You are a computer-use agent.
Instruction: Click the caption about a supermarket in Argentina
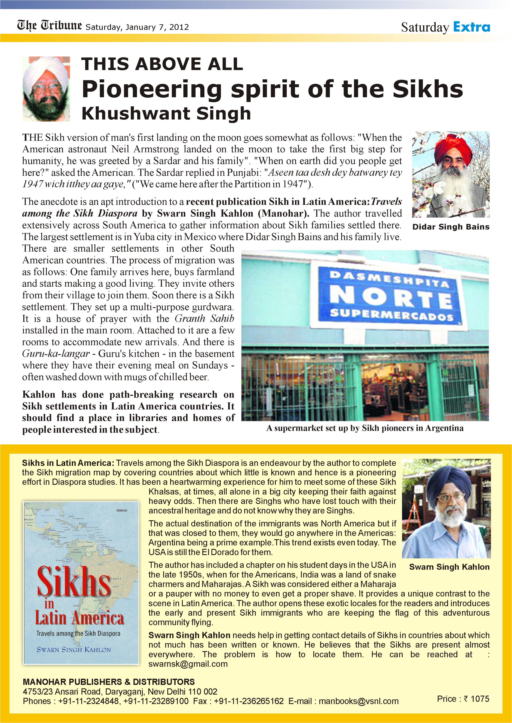click(x=365, y=428)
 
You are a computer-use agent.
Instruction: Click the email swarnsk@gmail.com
click(x=188, y=664)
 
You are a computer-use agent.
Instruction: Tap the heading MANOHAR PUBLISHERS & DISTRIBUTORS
click(x=109, y=682)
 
